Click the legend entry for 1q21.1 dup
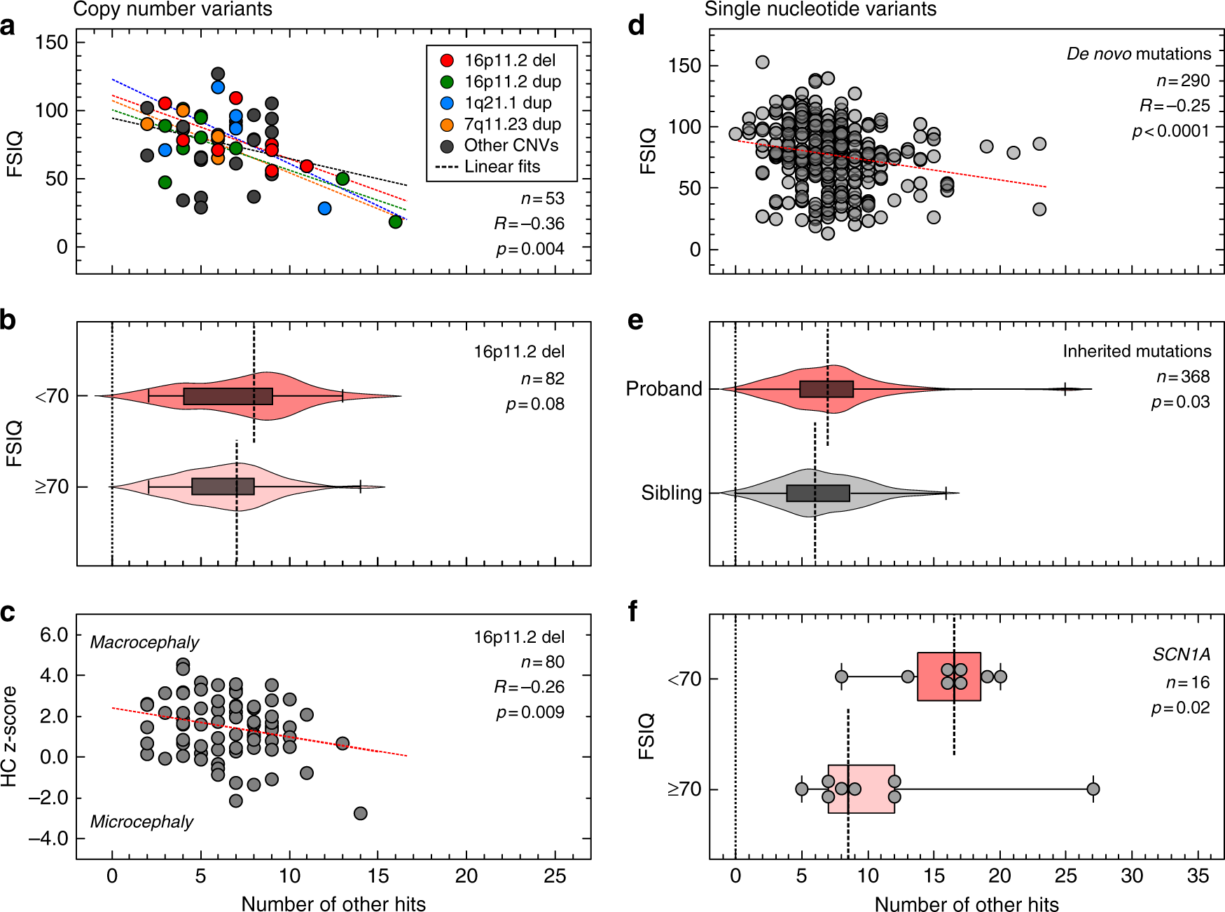(x=508, y=103)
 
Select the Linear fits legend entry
(x=502, y=167)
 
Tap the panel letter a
(x=8, y=27)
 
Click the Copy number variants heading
(x=172, y=9)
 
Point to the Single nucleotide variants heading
(x=820, y=9)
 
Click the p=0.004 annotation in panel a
(x=530, y=249)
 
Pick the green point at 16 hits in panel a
(x=396, y=222)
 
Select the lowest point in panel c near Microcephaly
(x=361, y=813)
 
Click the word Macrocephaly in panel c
(x=144, y=642)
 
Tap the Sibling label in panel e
(x=671, y=494)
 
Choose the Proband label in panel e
(x=663, y=389)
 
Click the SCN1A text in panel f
(x=1181, y=655)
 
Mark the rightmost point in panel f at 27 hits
(x=1093, y=789)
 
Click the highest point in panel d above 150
(x=763, y=62)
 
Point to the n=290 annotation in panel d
(x=1183, y=81)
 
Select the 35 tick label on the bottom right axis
(x=1198, y=876)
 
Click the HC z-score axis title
(x=9, y=736)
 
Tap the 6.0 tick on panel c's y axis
(x=54, y=635)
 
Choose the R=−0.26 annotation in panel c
(x=529, y=687)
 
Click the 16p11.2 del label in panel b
(x=518, y=352)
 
